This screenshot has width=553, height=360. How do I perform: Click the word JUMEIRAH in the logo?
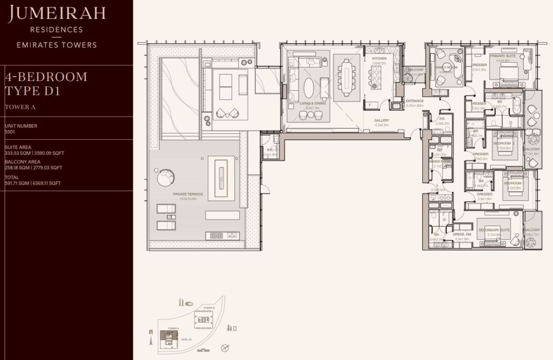53,15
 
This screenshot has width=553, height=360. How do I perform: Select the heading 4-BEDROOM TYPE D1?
46,84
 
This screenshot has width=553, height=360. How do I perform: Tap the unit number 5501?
10,131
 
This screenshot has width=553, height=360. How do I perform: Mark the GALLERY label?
382,120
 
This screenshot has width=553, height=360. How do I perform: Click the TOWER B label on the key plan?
210,308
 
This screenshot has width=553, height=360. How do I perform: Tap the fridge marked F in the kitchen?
369,104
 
